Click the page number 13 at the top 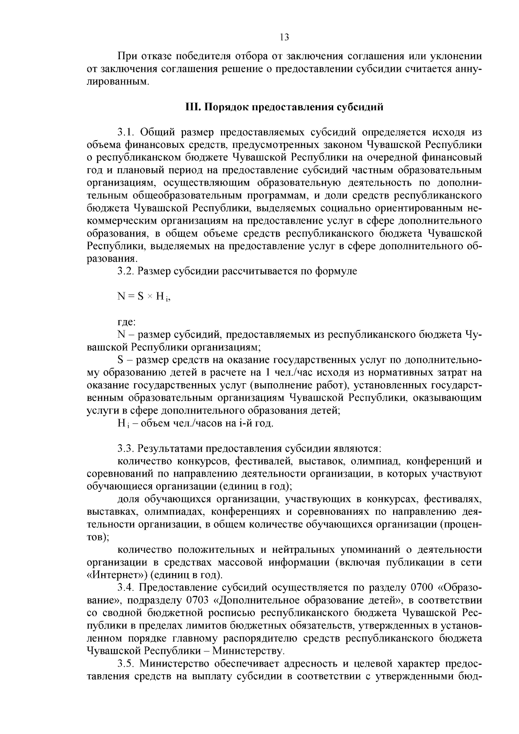click(x=284, y=37)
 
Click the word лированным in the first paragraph click(x=117, y=81)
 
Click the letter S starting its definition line click(x=120, y=360)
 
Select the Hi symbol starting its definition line click(x=122, y=423)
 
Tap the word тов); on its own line click(x=98, y=538)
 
